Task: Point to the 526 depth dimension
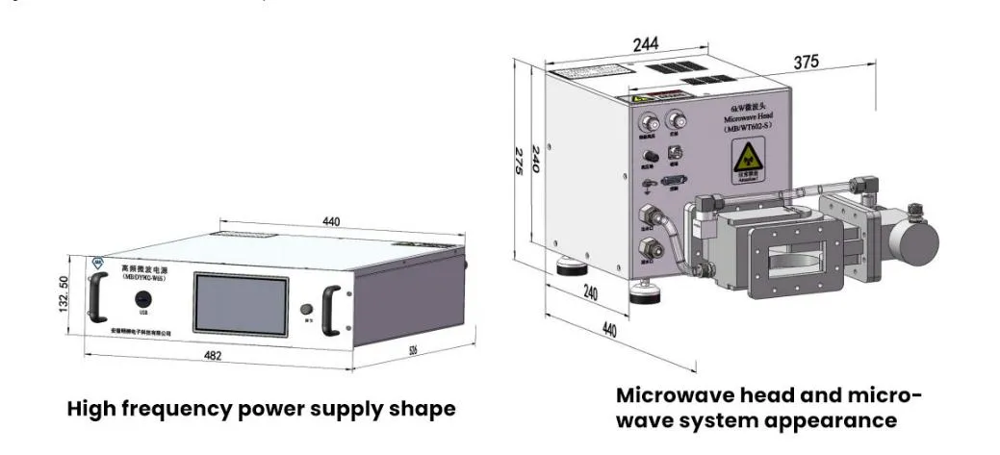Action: pos(413,350)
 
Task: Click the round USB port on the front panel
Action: pos(143,298)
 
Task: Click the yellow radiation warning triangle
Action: pos(746,159)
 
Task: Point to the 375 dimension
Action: pos(807,62)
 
